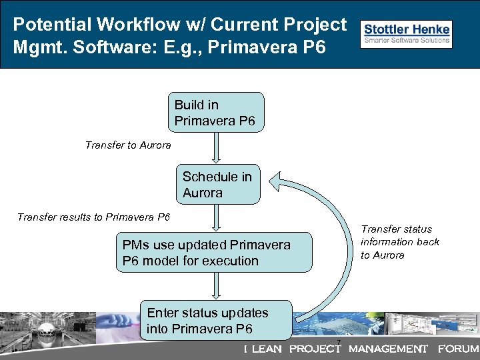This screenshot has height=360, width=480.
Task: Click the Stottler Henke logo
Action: click(406, 34)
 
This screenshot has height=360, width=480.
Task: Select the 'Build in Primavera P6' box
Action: click(216, 113)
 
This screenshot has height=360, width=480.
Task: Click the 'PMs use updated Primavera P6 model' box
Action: click(213, 253)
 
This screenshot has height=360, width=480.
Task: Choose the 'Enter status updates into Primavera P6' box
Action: click(215, 320)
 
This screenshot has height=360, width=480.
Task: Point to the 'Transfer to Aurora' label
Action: click(128, 145)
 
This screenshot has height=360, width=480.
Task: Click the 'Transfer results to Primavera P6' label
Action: click(93, 217)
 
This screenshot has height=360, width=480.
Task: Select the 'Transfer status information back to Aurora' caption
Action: click(400, 242)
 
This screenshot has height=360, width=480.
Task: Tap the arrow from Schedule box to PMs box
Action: click(215, 218)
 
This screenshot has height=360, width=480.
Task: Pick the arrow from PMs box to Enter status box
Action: click(215, 286)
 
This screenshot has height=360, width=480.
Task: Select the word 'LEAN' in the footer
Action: click(266, 349)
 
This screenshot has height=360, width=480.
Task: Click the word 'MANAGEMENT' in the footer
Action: click(387, 349)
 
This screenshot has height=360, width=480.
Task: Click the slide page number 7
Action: click(339, 343)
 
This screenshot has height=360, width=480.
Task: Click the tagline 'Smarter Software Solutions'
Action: click(406, 40)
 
